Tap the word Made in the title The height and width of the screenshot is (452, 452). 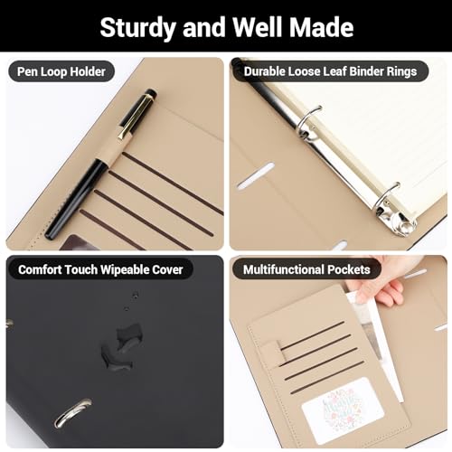click(x=320, y=26)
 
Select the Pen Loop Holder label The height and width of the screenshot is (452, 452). click(x=61, y=71)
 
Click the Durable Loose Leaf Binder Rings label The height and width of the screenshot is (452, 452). click(x=329, y=71)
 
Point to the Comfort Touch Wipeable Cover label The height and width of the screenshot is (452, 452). click(x=100, y=269)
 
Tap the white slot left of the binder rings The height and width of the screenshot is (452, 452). click(x=255, y=175)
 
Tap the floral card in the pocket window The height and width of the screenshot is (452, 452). click(x=336, y=409)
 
